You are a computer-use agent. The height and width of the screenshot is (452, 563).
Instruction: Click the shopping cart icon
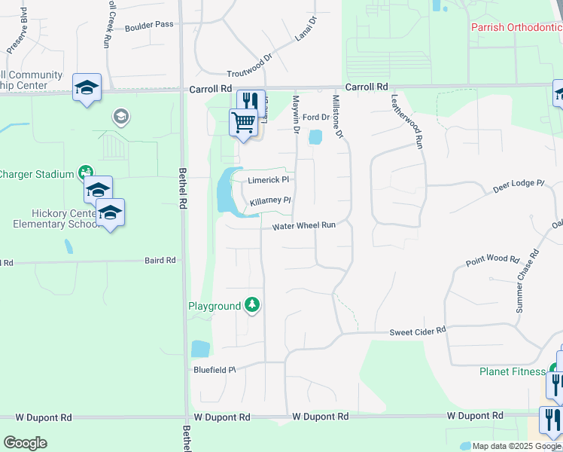click(x=242, y=121)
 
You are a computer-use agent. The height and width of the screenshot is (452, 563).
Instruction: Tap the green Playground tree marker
click(x=253, y=305)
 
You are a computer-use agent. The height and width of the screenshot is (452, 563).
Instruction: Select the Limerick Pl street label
click(x=269, y=181)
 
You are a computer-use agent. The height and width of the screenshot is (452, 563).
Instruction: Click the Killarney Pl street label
click(x=270, y=201)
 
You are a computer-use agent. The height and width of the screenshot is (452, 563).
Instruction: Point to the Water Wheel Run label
click(x=303, y=225)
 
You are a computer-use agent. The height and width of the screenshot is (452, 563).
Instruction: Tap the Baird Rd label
click(x=160, y=260)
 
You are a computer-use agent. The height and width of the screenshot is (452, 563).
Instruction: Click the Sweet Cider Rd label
click(x=418, y=331)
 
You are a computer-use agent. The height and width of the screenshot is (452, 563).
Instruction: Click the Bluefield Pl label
click(x=215, y=369)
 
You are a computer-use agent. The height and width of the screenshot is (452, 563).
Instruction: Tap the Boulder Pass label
click(x=149, y=24)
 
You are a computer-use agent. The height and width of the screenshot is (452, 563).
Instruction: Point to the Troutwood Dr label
click(x=250, y=67)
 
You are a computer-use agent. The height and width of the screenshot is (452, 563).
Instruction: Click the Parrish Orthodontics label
click(x=516, y=27)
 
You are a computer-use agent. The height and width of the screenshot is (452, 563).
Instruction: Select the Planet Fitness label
click(x=512, y=371)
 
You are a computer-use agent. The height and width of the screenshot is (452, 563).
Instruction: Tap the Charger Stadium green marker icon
click(x=86, y=173)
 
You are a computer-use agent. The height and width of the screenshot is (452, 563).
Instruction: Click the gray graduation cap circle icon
click(x=120, y=116)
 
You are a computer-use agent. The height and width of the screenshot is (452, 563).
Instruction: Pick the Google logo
click(x=25, y=443)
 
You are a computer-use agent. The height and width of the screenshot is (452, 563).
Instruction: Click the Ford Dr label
click(x=316, y=118)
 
